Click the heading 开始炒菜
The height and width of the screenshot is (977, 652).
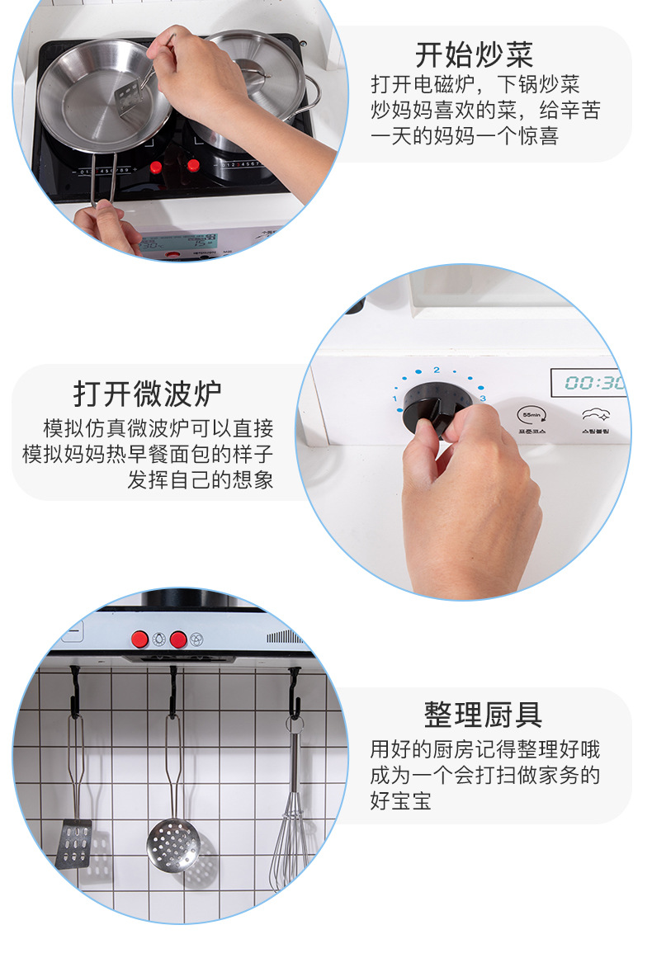(474, 55)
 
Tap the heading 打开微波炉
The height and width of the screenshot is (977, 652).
(148, 393)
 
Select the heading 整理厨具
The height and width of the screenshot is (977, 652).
(483, 714)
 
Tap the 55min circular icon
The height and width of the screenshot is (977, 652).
(531, 413)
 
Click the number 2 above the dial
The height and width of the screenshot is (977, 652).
(437, 369)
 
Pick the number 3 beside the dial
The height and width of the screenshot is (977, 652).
(483, 399)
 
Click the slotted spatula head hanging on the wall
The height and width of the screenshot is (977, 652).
(74, 842)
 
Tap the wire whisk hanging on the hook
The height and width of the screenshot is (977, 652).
(291, 842)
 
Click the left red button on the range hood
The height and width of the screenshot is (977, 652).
(140, 639)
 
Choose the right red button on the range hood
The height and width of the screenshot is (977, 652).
(177, 639)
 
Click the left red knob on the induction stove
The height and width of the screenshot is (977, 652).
(156, 168)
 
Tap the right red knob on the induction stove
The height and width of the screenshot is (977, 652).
(193, 165)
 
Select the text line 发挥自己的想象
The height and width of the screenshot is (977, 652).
(200, 479)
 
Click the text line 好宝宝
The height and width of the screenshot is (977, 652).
(400, 800)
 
